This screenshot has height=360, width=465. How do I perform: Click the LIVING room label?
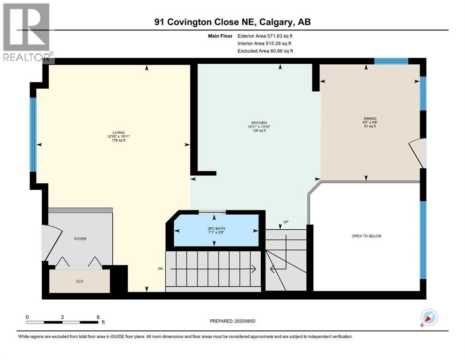(112, 133)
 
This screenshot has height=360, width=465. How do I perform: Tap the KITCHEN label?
(258, 122)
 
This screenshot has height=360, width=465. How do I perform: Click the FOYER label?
(80, 239)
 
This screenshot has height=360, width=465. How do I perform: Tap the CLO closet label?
(80, 282)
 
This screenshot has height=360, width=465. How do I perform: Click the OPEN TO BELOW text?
(366, 236)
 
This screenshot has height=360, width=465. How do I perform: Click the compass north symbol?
(428, 317)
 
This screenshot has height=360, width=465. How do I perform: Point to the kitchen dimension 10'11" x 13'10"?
(258, 127)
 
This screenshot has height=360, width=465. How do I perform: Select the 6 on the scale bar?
(97, 317)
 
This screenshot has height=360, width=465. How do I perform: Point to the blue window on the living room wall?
(33, 135)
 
